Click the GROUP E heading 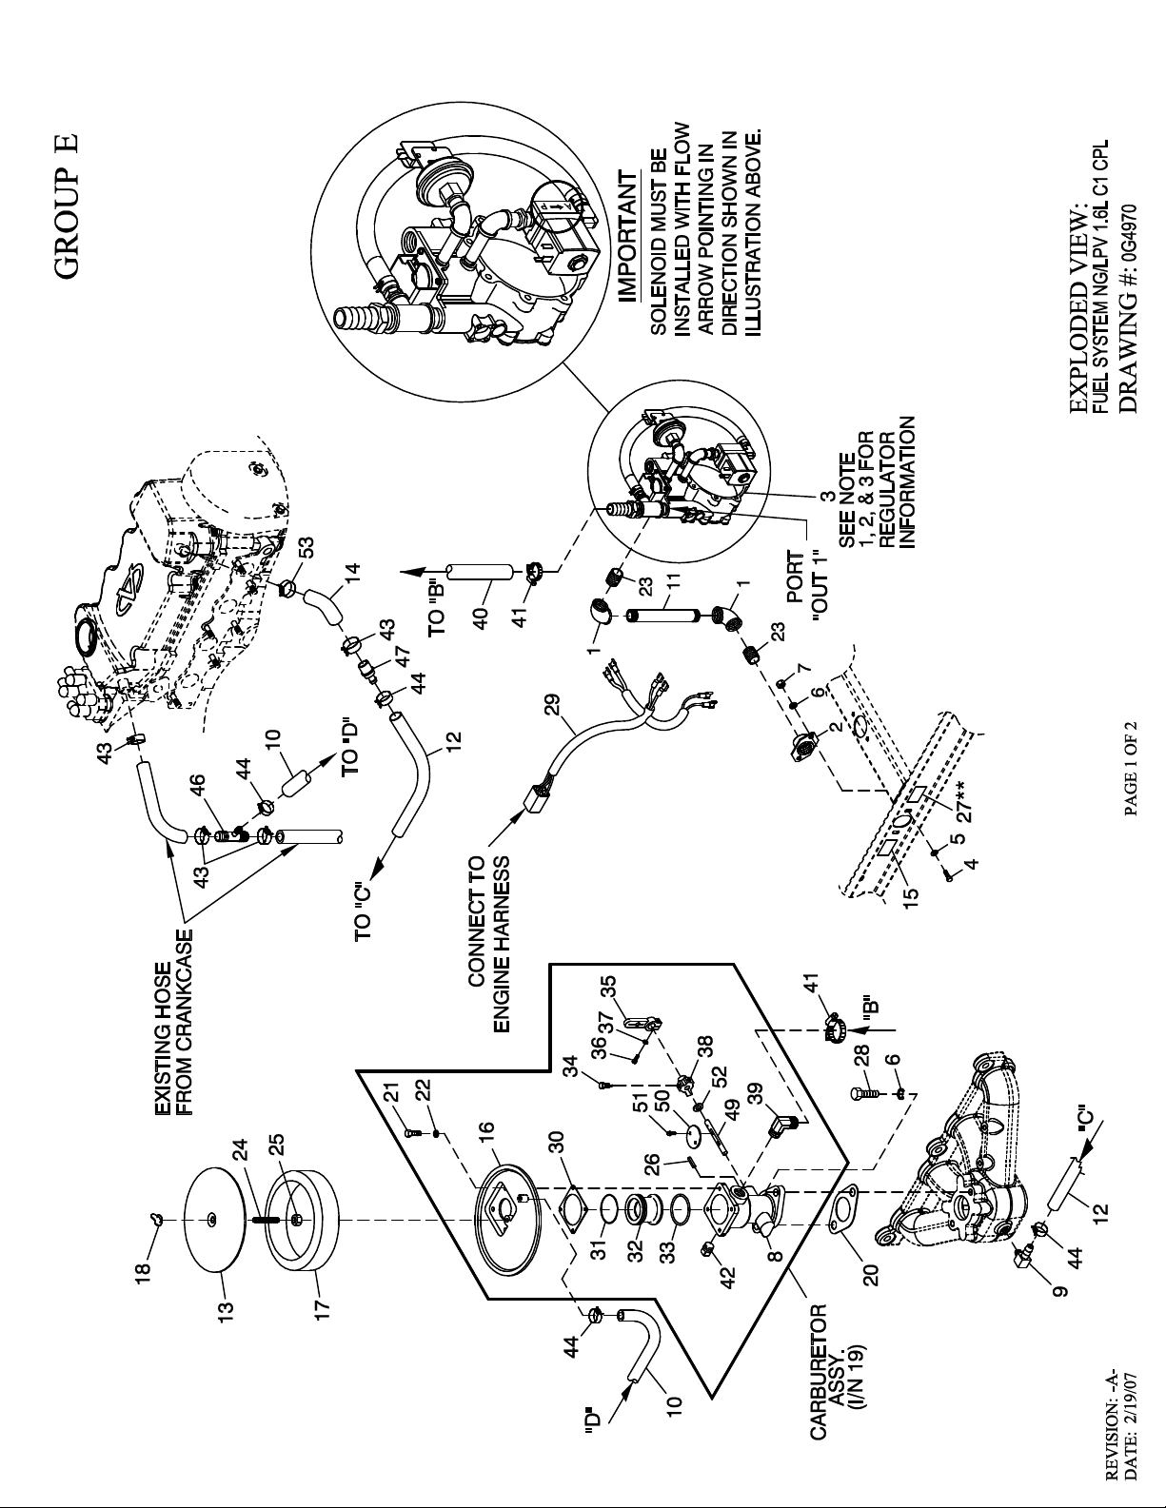click(x=68, y=206)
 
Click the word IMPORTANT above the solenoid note click(x=627, y=237)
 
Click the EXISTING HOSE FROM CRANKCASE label click(x=173, y=1002)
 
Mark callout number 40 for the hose click(x=481, y=616)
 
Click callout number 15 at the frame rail click(x=911, y=890)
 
